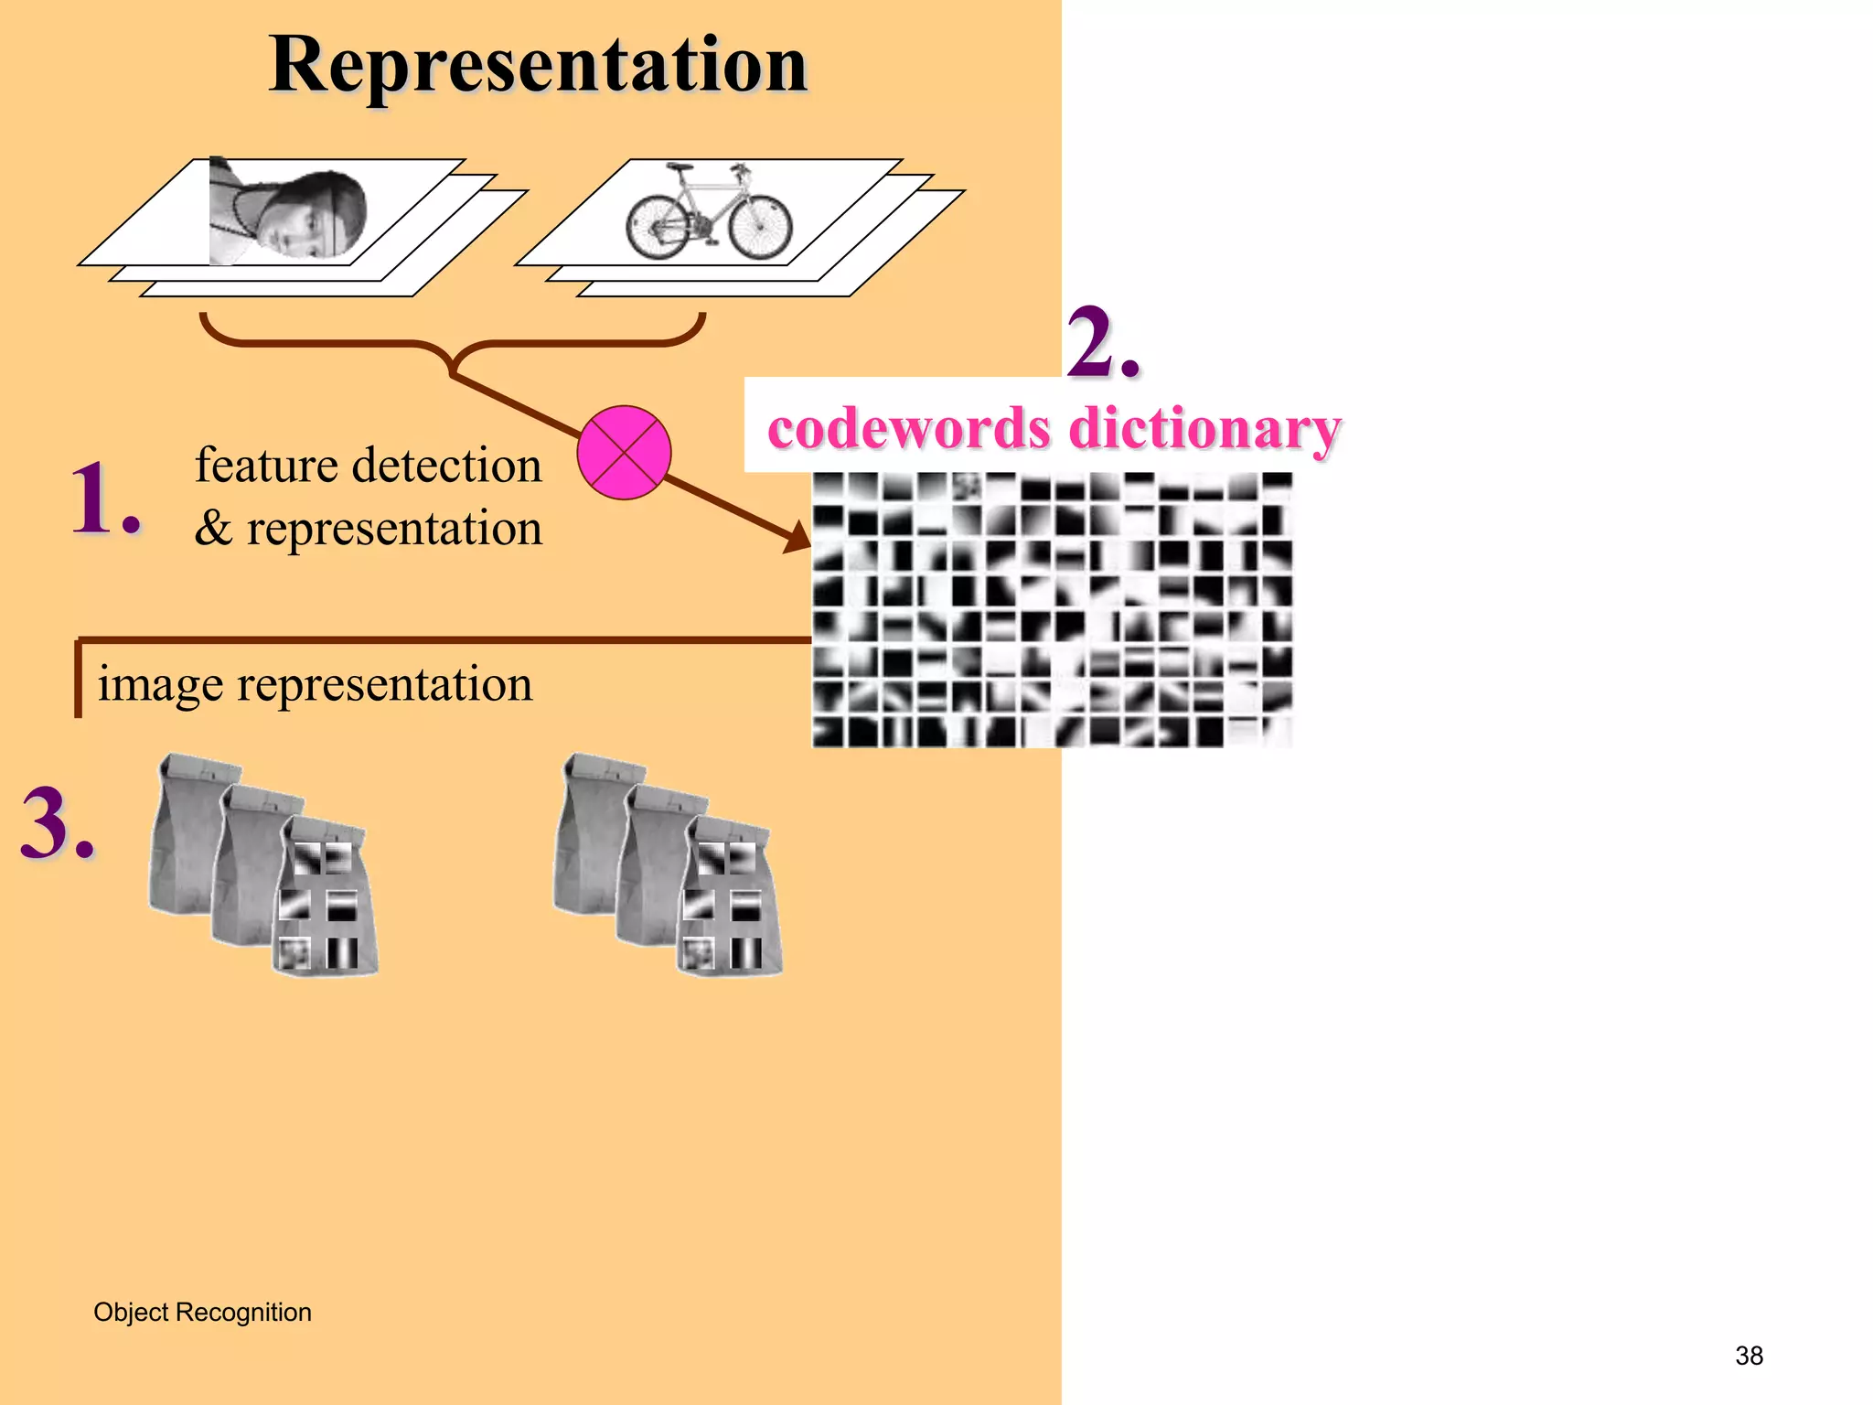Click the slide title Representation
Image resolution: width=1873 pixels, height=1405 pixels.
tap(538, 66)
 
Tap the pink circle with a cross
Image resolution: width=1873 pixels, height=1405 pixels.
tap(624, 453)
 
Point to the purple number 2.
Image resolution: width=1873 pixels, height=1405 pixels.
tap(1102, 342)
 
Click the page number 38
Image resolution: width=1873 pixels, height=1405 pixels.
tap(1749, 1356)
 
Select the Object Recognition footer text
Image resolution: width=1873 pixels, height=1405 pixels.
tap(202, 1312)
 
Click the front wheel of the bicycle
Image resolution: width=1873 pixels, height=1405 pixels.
tap(761, 225)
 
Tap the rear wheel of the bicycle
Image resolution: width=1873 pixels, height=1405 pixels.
tap(658, 225)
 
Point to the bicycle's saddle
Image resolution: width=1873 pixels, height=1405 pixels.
tap(680, 168)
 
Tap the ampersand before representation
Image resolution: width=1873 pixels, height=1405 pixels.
tap(213, 529)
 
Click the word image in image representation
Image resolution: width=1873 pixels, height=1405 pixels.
tap(160, 684)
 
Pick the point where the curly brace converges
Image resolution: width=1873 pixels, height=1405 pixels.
tap(453, 370)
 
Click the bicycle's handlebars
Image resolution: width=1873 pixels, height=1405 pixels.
tap(739, 169)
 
